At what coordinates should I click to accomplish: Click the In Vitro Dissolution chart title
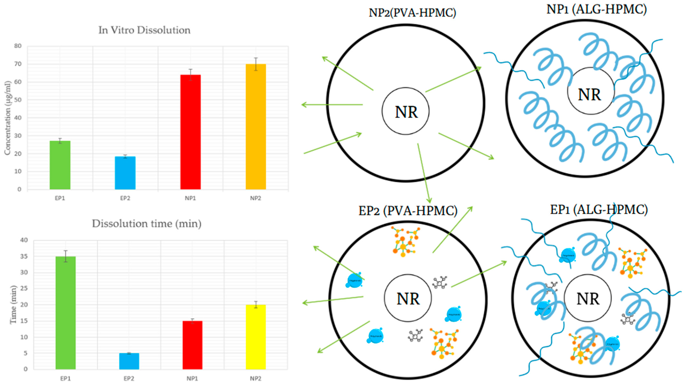pyautogui.click(x=144, y=30)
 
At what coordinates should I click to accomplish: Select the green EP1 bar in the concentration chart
pyautogui.click(x=60, y=165)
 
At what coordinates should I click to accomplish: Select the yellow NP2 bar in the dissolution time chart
pyautogui.click(x=256, y=337)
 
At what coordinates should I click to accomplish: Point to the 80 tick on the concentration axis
pyautogui.click(x=18, y=46)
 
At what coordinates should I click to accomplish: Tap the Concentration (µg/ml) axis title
pyautogui.click(x=7, y=118)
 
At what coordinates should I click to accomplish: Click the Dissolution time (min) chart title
pyautogui.click(x=147, y=224)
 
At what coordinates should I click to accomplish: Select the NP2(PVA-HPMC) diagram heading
pyautogui.click(x=412, y=13)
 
